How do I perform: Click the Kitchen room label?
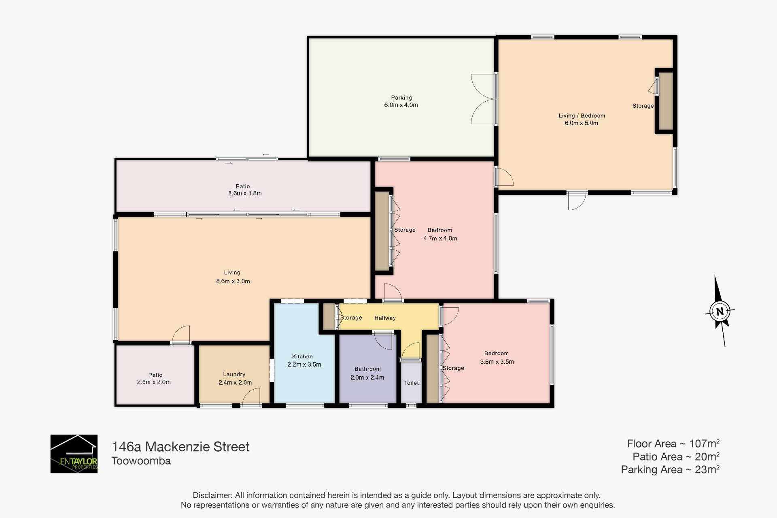coord(302,356)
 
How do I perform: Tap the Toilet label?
coord(412,383)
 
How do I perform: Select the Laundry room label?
coord(234,375)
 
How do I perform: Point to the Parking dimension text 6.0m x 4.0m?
coord(401,105)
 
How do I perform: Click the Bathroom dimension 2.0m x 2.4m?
coord(367,377)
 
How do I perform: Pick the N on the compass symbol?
coord(720,312)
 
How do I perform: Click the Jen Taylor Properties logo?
coord(74,454)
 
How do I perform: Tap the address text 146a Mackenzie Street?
coord(180,447)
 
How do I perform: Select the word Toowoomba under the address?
coord(141,461)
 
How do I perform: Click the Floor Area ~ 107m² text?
coord(673,443)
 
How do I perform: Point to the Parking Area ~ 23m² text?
coord(670,469)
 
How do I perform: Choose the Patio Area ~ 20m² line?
coord(676,456)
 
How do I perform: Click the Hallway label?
coord(385,318)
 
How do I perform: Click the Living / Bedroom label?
coord(582,115)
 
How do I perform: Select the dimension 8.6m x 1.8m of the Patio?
coord(245,193)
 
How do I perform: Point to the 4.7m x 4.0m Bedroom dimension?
coord(440,239)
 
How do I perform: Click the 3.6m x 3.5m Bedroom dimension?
coord(497,362)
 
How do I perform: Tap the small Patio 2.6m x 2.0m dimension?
coord(154,382)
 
